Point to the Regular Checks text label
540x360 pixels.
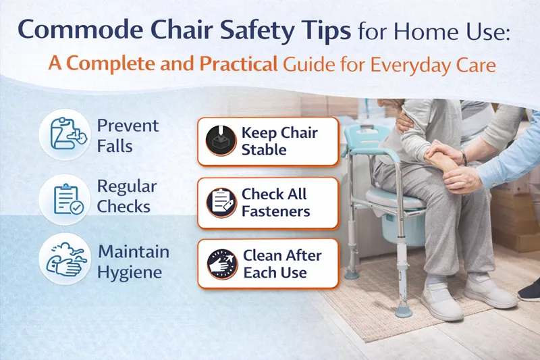point(127,196)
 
